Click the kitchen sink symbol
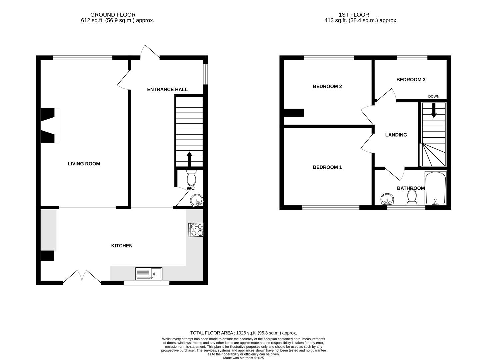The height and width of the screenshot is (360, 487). click(x=149, y=274)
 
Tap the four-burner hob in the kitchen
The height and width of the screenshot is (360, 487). click(x=196, y=230)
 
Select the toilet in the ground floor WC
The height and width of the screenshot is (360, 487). click(x=191, y=178)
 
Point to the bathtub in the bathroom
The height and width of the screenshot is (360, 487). click(x=435, y=188)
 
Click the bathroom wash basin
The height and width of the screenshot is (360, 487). click(x=387, y=199)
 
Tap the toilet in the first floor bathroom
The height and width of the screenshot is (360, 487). click(x=412, y=197)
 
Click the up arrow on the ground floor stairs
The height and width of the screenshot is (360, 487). click(x=189, y=159)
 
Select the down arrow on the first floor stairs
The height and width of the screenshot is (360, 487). click(x=433, y=111)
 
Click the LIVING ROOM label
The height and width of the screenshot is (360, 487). click(x=84, y=164)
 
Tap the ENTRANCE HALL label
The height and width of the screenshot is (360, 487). click(x=167, y=89)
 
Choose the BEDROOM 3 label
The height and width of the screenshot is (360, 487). click(x=411, y=80)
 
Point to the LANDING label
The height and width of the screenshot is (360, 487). click(x=396, y=135)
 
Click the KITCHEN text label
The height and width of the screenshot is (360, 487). click(x=122, y=246)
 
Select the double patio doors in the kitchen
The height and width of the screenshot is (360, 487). click(x=82, y=277)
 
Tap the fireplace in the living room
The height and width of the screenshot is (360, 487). click(x=49, y=126)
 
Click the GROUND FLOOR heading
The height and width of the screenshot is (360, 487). click(x=113, y=15)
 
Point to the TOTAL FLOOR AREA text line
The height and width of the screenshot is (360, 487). click(x=243, y=333)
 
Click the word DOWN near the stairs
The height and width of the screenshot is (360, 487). click(x=434, y=97)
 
